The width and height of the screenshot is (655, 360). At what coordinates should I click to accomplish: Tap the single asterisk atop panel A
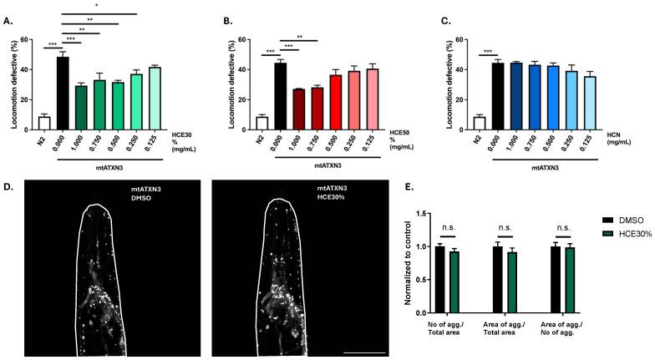click(x=97, y=7)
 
